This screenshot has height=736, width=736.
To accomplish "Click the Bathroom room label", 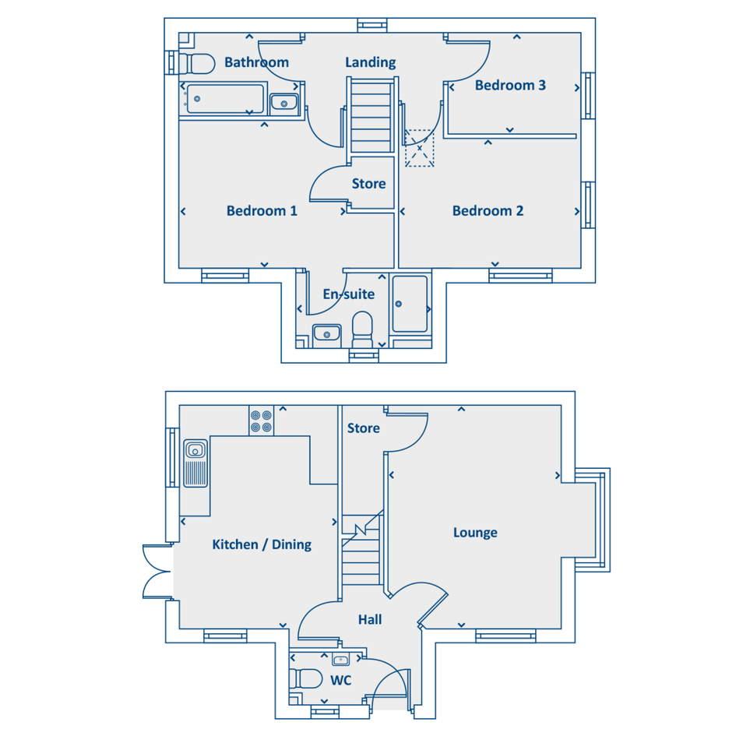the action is pos(256,62).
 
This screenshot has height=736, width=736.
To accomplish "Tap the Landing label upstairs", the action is pos(371,62).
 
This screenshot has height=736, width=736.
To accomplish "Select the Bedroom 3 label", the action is pos(510,85).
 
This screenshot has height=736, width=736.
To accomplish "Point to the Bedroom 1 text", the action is pos(262,211).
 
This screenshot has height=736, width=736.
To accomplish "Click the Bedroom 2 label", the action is pos(488,211).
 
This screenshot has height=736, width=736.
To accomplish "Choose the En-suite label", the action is pos(349,294).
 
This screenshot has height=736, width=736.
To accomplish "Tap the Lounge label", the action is pos(475,533).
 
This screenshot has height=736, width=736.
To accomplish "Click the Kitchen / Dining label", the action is pos(262,544).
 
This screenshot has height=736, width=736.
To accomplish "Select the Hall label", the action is pos(370,620).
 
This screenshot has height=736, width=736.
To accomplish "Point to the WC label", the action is pos(341,680).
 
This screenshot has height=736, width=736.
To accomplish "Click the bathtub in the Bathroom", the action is pos(223,99).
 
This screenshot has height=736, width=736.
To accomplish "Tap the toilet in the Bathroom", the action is pos(197,64).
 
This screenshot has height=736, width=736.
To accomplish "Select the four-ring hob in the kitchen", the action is pos(261,421).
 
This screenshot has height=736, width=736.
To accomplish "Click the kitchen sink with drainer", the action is pos(195,463).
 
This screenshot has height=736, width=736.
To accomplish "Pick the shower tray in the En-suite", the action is pos(410,305).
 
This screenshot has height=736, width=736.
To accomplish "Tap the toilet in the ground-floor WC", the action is pos(306,678).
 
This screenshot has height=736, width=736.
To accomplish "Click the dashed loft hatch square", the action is pos(419,148).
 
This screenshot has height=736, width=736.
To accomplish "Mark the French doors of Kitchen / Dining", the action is pos(157,572).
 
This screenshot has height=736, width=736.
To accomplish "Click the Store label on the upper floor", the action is pos(369,184).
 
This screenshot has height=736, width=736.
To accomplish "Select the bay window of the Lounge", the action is pos(593,519).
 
